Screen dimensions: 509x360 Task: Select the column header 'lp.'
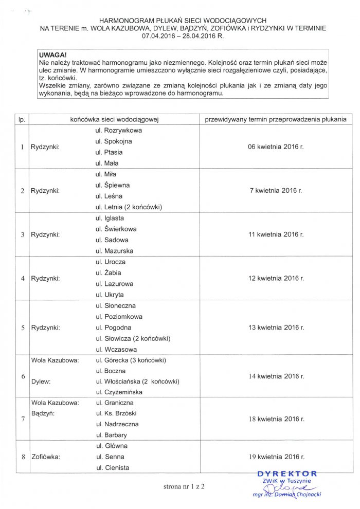tap(22, 119)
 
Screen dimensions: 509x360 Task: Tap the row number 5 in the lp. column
tap(22, 328)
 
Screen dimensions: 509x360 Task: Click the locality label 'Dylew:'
tap(42, 381)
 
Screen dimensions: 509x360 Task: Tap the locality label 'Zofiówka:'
tap(46, 457)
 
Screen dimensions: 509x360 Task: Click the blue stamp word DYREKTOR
tap(287, 473)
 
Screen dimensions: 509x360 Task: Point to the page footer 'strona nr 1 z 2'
tap(180, 486)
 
